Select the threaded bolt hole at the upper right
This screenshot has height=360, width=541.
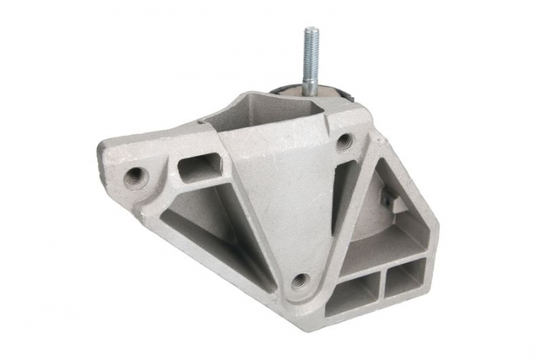point(344,141)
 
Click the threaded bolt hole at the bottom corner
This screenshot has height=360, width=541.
point(301,280)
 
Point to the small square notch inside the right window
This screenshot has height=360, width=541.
point(392,203)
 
